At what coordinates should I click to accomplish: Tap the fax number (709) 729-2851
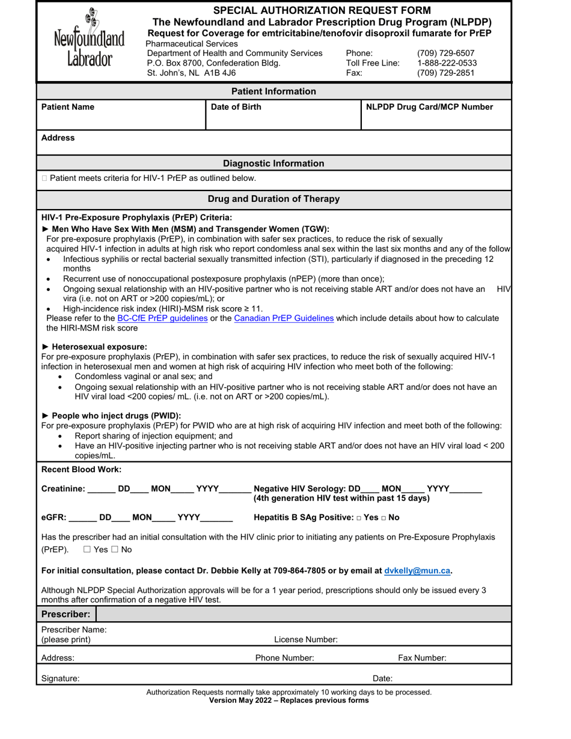point(445,73)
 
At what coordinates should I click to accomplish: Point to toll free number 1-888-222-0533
point(447,63)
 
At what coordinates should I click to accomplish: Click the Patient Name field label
point(68,107)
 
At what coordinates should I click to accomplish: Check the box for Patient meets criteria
point(45,178)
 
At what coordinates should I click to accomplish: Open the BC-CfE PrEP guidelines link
point(162,318)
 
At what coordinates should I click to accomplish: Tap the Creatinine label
point(63,489)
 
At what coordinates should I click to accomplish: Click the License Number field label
point(306,640)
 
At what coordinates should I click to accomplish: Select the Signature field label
point(60,678)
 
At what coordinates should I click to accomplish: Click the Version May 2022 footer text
point(289,701)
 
